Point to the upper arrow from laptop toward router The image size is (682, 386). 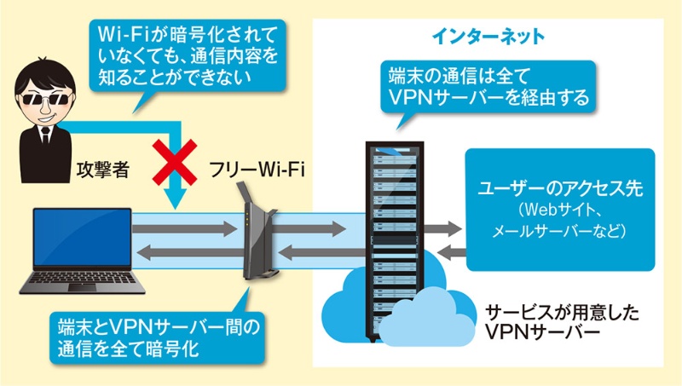click(x=183, y=229)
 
